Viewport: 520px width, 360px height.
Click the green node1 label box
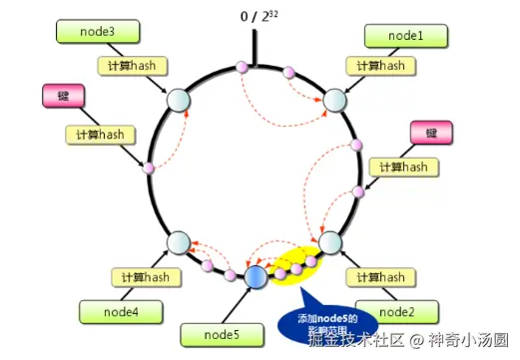(x=406, y=36)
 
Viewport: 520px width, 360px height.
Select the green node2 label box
(x=392, y=312)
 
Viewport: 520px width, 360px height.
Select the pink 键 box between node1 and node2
(x=431, y=134)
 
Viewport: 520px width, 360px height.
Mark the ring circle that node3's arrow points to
(x=178, y=100)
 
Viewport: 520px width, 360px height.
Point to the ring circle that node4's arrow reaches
(x=178, y=242)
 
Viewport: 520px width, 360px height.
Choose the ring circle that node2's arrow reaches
(x=329, y=243)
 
